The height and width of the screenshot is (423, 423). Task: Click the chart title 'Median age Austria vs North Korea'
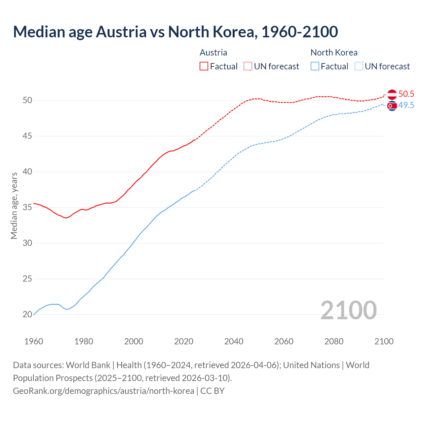click(175, 32)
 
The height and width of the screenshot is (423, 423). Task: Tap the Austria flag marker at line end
click(392, 94)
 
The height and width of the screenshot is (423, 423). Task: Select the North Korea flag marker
click(392, 106)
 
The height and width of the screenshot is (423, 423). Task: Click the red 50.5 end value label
click(406, 94)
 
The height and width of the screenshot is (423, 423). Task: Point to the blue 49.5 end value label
click(406, 105)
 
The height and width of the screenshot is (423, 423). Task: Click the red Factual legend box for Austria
click(204, 66)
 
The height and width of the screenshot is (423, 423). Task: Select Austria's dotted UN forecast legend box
click(248, 66)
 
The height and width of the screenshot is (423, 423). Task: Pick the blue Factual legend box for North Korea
click(315, 66)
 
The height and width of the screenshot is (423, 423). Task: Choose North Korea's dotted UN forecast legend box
click(359, 66)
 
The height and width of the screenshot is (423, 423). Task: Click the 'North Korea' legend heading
click(334, 53)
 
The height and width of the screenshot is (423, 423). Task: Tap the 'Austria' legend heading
click(213, 53)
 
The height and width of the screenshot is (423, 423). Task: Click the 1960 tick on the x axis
click(34, 341)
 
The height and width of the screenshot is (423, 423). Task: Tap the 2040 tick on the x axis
click(234, 341)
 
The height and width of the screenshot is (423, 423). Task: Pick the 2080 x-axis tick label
click(334, 341)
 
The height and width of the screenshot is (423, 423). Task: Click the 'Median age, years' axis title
click(14, 206)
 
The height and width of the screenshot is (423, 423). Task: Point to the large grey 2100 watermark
click(348, 310)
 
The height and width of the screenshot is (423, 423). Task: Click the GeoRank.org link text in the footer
click(103, 391)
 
